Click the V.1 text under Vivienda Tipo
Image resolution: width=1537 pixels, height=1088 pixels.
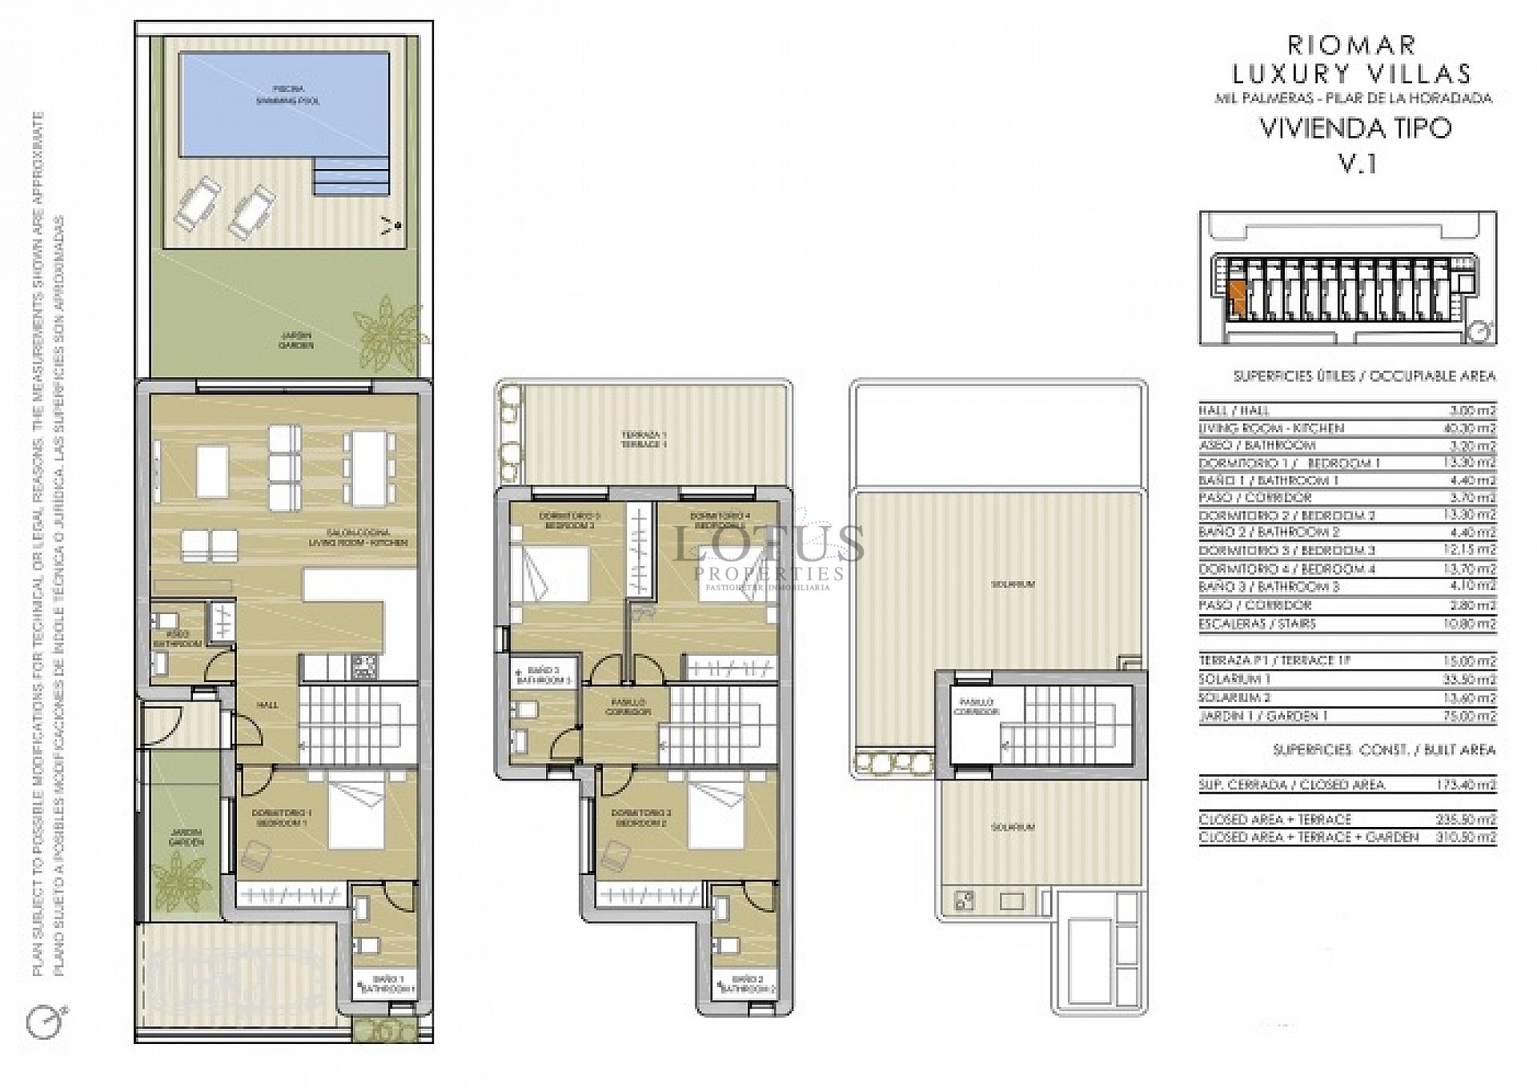click(x=1357, y=163)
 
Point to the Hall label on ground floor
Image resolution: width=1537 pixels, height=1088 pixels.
click(x=267, y=705)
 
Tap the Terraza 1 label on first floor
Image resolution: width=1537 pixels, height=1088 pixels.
click(x=644, y=438)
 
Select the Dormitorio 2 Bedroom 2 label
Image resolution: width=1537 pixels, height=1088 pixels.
click(x=640, y=817)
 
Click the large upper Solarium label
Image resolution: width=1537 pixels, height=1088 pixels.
click(x=1013, y=584)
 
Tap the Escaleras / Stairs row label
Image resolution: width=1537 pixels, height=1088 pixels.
click(x=1258, y=624)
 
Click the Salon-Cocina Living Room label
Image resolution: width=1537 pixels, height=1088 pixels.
click(x=358, y=537)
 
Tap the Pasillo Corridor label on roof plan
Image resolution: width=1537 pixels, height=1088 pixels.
click(x=976, y=705)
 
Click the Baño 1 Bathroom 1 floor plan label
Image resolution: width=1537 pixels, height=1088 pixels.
click(x=387, y=984)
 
